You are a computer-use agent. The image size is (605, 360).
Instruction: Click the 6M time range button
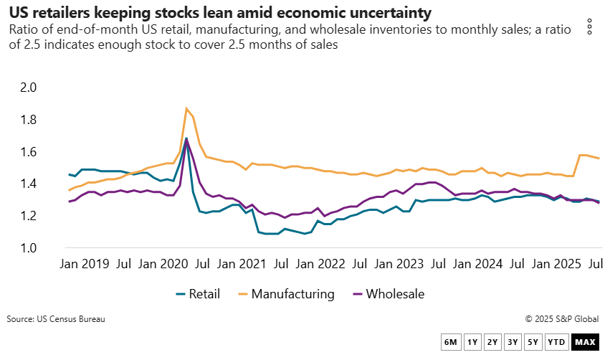pyautogui.click(x=451, y=342)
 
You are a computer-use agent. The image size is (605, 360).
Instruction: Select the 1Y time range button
pyautogui.click(x=472, y=342)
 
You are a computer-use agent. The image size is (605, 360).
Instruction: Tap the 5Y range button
pyautogui.click(x=533, y=342)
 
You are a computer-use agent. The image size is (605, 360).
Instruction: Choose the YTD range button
pyautogui.click(x=556, y=342)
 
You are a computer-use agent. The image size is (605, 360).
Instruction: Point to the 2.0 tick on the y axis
pyautogui.click(x=36, y=87)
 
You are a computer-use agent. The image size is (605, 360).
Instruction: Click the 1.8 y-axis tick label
pyautogui.click(x=36, y=120)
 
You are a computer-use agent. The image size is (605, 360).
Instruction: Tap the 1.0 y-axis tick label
pyautogui.click(x=36, y=248)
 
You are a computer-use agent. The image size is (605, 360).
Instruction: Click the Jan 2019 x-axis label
pyautogui.click(x=85, y=264)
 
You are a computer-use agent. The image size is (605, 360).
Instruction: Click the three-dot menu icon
pyautogui.click(x=589, y=27)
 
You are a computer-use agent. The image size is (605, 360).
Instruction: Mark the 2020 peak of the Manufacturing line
pyautogui.click(x=186, y=109)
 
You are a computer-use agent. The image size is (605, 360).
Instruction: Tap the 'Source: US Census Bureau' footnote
pyautogui.click(x=56, y=319)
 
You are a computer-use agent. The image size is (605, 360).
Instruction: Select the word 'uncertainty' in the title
pyautogui.click(x=391, y=13)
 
